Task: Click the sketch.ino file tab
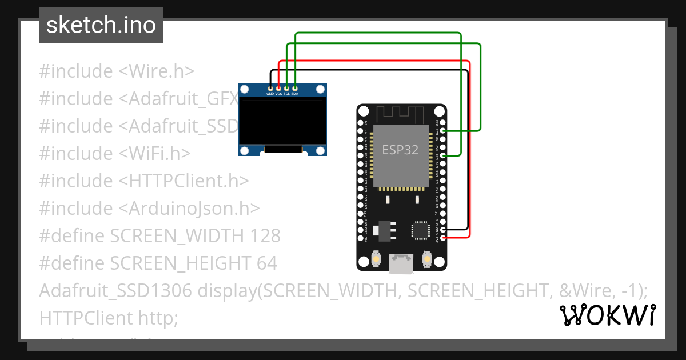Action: point(101,25)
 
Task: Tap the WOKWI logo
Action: point(607,315)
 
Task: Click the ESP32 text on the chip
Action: point(400,150)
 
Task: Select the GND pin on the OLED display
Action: point(270,89)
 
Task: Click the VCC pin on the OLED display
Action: point(278,89)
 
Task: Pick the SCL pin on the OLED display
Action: point(286,89)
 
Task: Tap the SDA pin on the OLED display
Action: point(294,89)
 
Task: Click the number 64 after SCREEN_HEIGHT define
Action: point(266,263)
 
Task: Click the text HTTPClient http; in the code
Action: point(109,317)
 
